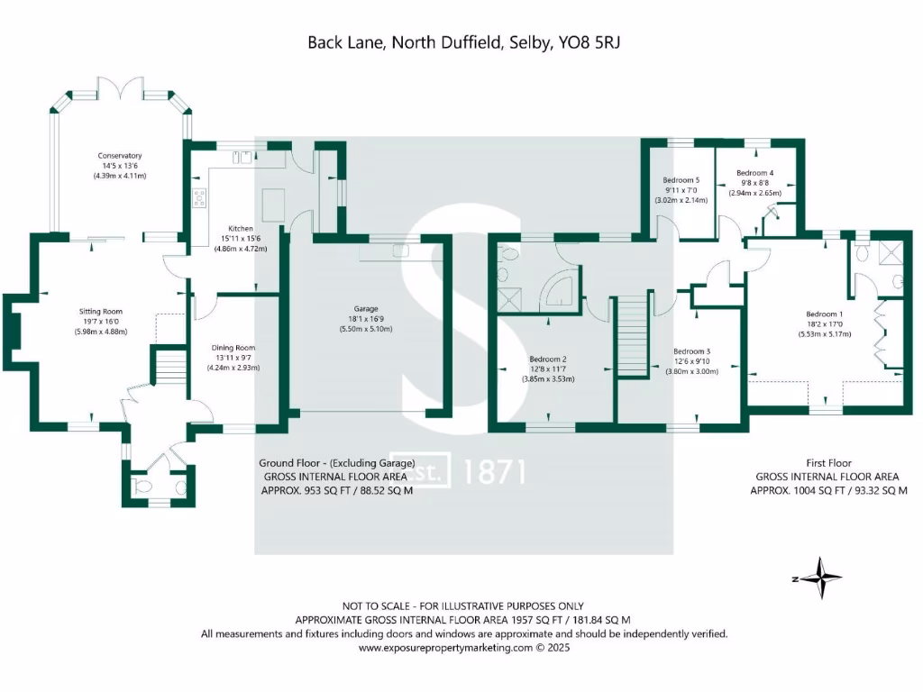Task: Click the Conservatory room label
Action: [120, 156]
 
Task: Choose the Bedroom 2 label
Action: [551, 359]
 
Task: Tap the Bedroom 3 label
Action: [692, 351]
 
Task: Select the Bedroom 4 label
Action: [754, 173]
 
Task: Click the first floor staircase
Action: [634, 336]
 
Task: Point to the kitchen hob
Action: [199, 198]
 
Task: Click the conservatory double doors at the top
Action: [120, 91]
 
